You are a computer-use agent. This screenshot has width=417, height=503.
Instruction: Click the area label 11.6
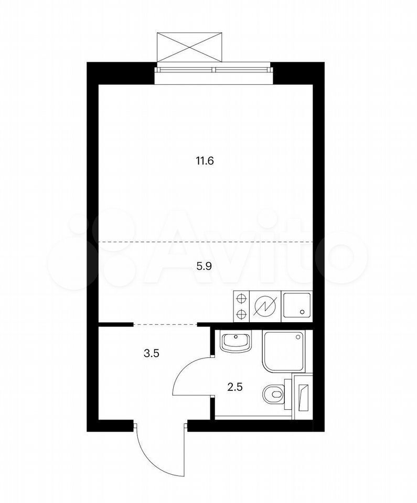[205, 161]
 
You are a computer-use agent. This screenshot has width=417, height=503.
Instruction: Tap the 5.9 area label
[204, 266]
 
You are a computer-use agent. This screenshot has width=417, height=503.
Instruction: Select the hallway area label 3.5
[152, 354]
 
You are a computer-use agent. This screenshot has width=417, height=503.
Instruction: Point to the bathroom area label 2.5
[234, 387]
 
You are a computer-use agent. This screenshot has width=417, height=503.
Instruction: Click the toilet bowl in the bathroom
[273, 394]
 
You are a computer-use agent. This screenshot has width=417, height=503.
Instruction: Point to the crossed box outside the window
[189, 47]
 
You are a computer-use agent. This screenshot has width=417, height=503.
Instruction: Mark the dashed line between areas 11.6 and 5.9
[206, 242]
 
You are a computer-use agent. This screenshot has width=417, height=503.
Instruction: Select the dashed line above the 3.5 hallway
[165, 325]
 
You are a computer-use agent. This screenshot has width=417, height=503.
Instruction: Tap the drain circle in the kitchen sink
[302, 311]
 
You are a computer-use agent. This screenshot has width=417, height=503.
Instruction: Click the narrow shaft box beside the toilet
[302, 397]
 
